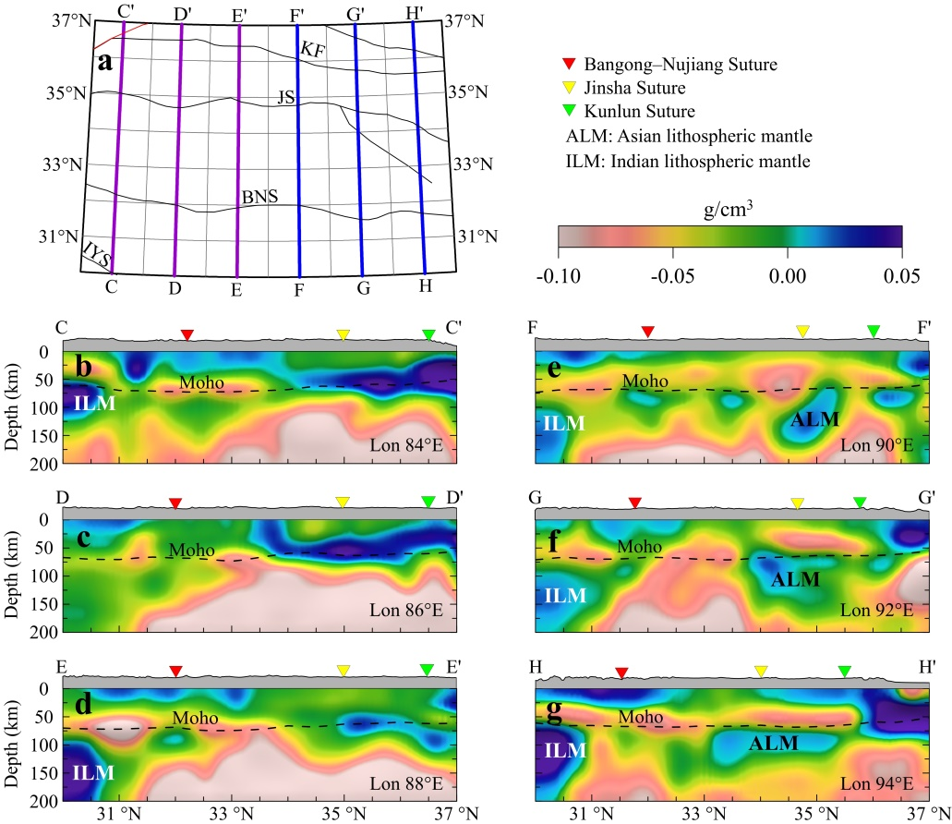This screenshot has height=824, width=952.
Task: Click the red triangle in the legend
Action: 570,65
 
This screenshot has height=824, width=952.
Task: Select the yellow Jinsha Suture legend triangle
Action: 570,89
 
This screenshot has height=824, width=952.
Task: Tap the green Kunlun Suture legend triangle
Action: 570,113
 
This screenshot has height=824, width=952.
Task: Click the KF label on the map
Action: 313,55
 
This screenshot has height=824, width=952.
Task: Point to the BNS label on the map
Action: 259,196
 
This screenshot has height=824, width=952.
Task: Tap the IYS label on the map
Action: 96,252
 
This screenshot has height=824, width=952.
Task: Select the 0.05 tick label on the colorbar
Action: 901,276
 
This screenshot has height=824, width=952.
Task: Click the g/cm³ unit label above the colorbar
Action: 729,210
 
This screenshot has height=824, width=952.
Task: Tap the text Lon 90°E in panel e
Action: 877,446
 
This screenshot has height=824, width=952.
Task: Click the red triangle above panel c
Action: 175,503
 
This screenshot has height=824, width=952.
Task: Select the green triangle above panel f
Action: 861,503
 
